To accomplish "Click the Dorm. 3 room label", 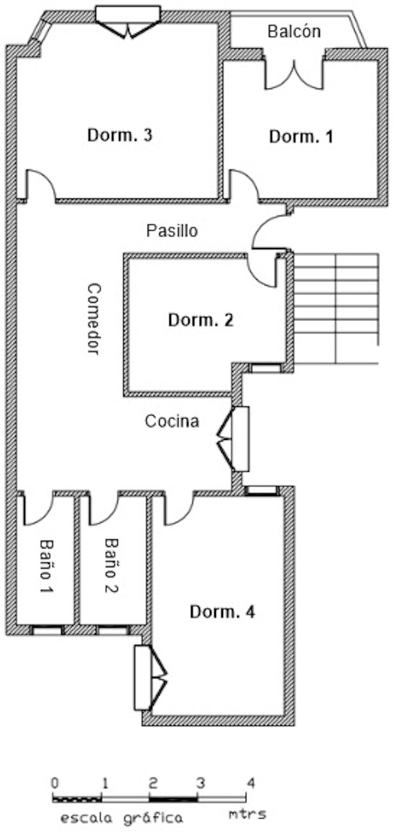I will click(x=120, y=135).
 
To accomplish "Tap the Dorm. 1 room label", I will click(x=301, y=136).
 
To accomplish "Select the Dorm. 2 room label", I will click(x=200, y=320).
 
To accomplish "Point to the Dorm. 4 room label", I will click(x=222, y=612).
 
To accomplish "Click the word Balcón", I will click(x=294, y=31).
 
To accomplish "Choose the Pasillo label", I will click(x=172, y=231).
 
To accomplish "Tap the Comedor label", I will click(x=94, y=319).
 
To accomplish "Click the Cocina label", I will click(x=172, y=421).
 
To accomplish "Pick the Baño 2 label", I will click(x=111, y=565).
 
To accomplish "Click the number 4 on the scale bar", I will click(x=249, y=783).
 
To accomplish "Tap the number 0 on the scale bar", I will click(x=53, y=783).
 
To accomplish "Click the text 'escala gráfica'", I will click(x=121, y=817).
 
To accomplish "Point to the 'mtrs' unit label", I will click(x=247, y=814).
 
